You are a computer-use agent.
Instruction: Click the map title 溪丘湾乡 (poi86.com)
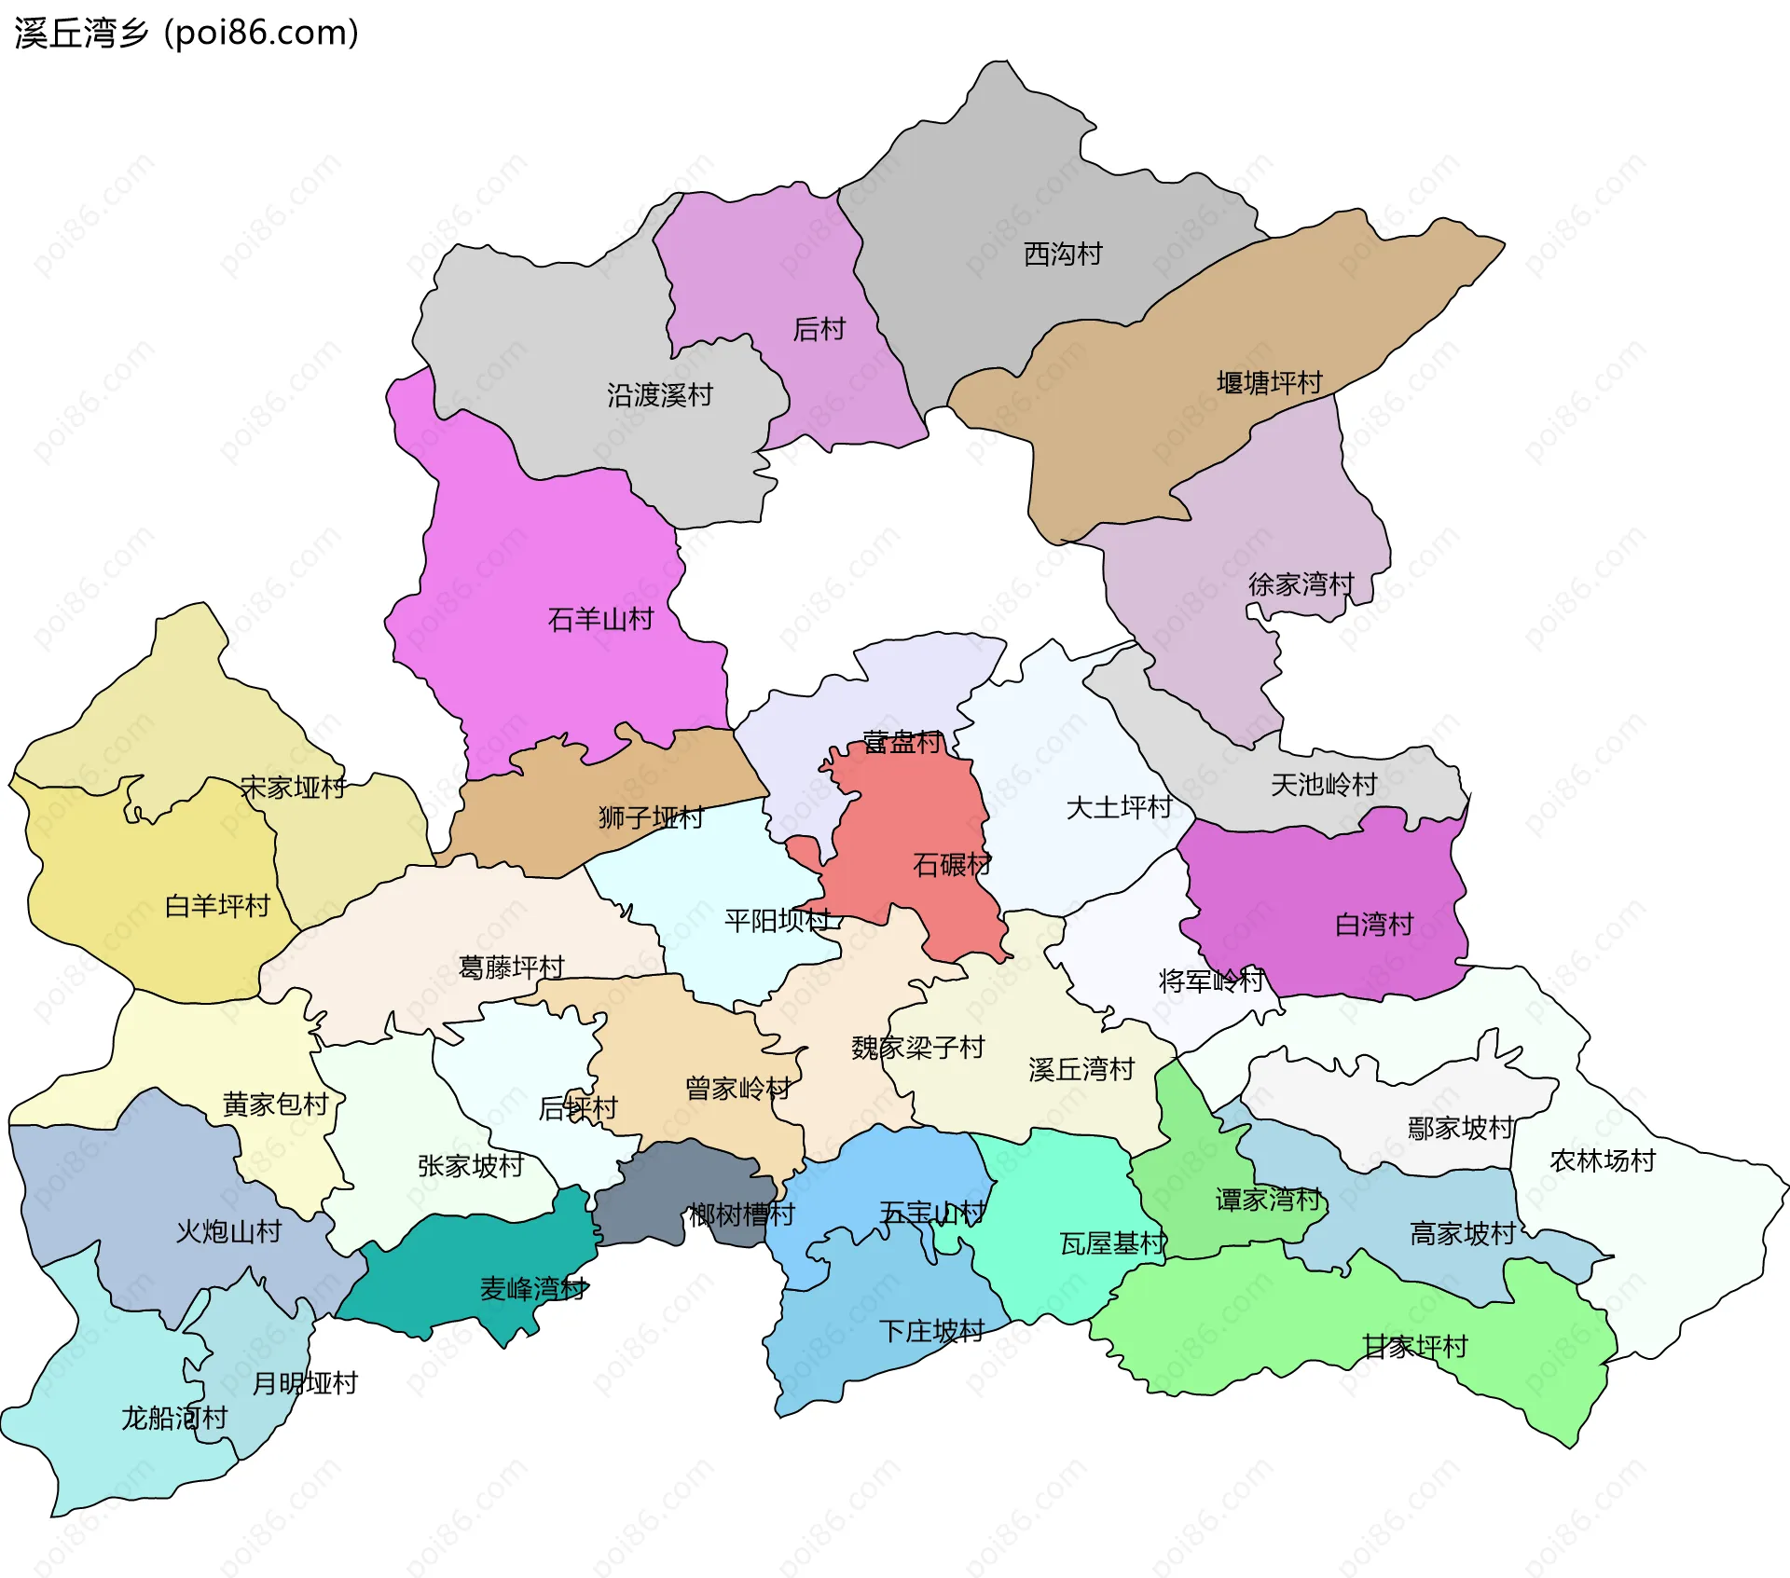point(186,34)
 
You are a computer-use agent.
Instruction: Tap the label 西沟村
point(1063,254)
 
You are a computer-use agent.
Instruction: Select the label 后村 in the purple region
point(819,329)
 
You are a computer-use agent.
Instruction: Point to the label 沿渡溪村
point(660,395)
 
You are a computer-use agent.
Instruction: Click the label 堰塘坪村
point(1270,382)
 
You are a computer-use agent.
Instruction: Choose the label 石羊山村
point(600,619)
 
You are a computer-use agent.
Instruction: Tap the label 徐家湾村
point(1301,584)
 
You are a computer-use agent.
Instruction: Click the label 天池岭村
point(1324,785)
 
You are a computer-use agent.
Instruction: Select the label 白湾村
point(1374,925)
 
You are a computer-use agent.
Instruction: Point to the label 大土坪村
point(1119,807)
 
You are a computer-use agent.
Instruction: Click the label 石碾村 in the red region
point(952,865)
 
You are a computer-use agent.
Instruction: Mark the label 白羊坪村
point(217,906)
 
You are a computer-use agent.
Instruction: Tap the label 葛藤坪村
point(512,967)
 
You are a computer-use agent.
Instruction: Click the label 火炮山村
point(229,1232)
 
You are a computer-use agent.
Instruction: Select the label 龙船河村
point(174,1419)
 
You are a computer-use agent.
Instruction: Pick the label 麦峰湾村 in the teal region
point(533,1289)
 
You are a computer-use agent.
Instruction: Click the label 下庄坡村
point(931,1331)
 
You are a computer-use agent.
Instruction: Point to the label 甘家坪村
point(1415,1346)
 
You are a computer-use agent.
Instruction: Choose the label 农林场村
point(1603,1160)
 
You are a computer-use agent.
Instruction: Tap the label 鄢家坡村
point(1461,1128)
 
